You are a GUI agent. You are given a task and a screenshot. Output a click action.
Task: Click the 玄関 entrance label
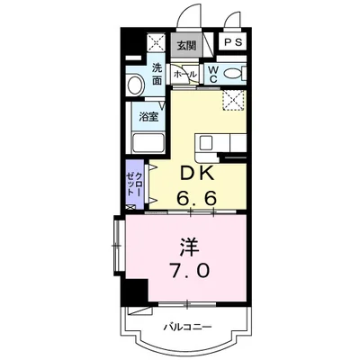pos(185,43)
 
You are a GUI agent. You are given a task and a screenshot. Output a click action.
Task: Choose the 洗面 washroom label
pos(157,74)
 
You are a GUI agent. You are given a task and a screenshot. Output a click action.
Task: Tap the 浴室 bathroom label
pos(148,116)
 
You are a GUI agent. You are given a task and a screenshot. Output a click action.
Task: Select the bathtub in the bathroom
pos(147,142)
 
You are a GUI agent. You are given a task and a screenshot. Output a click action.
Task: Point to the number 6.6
pos(199,195)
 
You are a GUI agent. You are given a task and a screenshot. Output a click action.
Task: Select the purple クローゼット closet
pos(136,184)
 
